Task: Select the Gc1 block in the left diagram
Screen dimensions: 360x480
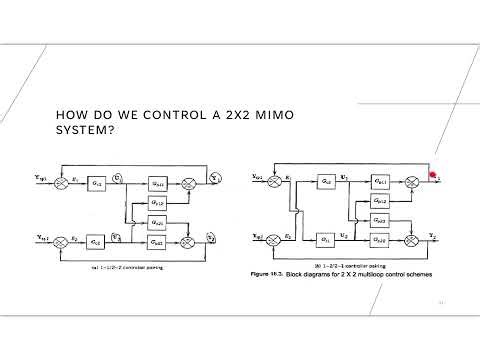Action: click(96, 184)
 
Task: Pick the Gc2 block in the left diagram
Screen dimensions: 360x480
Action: click(96, 241)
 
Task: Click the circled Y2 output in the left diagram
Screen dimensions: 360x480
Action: click(212, 236)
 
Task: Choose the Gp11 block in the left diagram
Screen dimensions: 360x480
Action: click(158, 184)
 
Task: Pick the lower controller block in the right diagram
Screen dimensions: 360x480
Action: click(326, 239)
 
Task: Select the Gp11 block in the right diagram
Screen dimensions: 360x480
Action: click(380, 183)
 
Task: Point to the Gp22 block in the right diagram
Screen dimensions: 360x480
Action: click(380, 239)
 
